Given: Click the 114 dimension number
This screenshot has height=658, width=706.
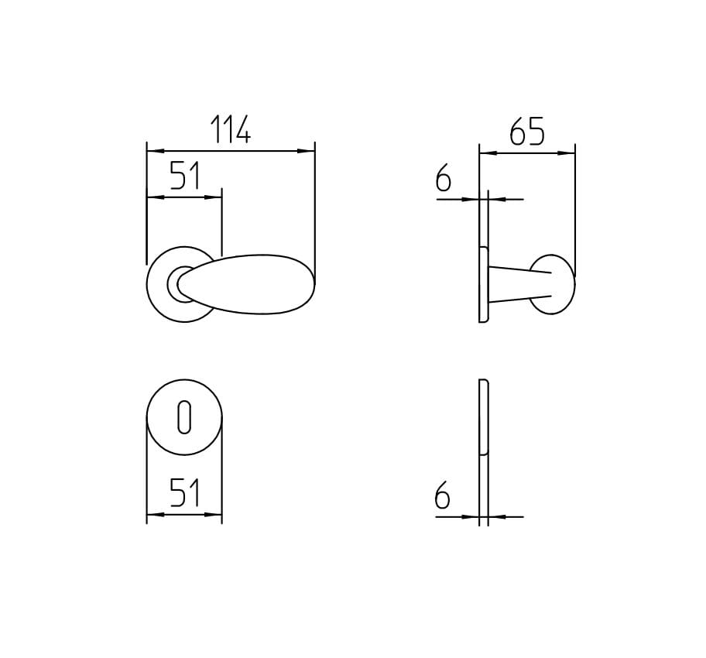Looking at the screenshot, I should (231, 130).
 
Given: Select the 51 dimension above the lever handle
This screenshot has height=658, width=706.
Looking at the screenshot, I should (185, 176).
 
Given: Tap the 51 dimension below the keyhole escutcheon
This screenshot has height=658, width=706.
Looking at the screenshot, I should (185, 493).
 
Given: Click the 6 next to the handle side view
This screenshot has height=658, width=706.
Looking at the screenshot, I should (443, 180).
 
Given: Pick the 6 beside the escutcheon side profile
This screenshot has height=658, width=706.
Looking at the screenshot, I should (443, 496).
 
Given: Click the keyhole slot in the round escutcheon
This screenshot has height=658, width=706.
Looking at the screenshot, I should (183, 417).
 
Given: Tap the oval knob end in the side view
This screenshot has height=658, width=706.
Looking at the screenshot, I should (553, 284).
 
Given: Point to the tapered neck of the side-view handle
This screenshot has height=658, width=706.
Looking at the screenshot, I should (517, 284).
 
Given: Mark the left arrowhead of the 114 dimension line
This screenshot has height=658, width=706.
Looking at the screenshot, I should (153, 151).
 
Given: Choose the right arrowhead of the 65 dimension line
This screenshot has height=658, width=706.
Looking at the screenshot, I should (570, 153).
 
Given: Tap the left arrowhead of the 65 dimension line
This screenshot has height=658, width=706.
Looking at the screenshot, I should (485, 153).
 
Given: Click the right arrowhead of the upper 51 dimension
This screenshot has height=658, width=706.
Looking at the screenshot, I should (216, 197).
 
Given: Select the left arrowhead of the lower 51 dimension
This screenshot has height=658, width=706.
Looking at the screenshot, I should (153, 514).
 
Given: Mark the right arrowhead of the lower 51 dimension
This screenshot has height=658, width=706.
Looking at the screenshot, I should (216, 514).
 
